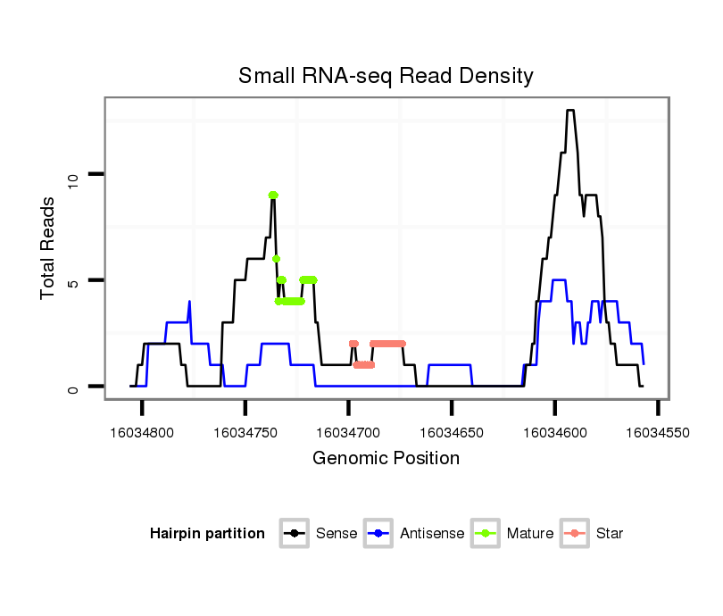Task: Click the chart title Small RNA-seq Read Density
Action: [x=386, y=76]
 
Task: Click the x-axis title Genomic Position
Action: [x=386, y=459]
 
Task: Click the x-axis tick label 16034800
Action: [x=143, y=432]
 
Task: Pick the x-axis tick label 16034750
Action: [x=245, y=432]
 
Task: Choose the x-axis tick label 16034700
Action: [x=349, y=432]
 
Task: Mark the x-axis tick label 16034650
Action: [x=452, y=432]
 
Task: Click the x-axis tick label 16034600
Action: [x=554, y=432]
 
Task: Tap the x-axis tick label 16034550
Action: [x=658, y=432]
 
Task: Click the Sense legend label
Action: [x=337, y=534]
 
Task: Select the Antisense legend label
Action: [x=432, y=534]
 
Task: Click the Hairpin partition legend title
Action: [x=207, y=534]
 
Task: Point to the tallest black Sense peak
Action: [x=569, y=111]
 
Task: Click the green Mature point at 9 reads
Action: [x=273, y=195]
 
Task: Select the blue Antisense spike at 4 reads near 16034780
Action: [x=189, y=302]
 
